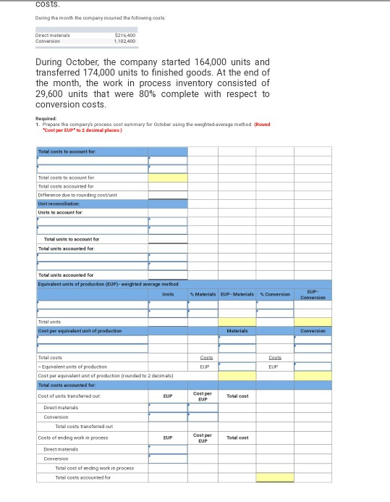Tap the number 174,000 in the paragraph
tap(102, 72)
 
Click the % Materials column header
tap(203, 293)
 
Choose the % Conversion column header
tap(275, 293)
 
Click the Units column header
tap(168, 293)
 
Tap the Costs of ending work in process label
tap(72, 438)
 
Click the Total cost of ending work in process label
tap(94, 468)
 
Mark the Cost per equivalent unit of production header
tap(80, 331)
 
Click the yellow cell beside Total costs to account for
tap(168, 177)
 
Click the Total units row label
tap(49, 321)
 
